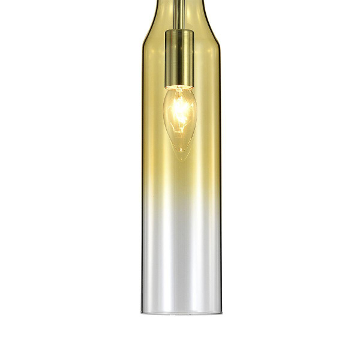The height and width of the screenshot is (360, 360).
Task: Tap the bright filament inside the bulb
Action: click(x=180, y=111)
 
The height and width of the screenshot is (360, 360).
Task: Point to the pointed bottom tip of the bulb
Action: click(x=180, y=158)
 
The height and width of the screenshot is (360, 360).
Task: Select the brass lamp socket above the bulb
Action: click(x=180, y=57)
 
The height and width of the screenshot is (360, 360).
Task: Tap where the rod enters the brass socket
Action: click(x=180, y=29)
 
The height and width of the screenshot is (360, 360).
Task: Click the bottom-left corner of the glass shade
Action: click(x=143, y=312)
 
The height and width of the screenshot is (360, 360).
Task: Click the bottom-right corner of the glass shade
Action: click(x=218, y=312)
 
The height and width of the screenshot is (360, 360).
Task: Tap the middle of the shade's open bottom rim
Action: click(x=180, y=313)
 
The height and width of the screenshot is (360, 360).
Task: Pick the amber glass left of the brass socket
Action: click(x=154, y=57)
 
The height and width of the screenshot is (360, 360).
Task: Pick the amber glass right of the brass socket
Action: click(x=207, y=57)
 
